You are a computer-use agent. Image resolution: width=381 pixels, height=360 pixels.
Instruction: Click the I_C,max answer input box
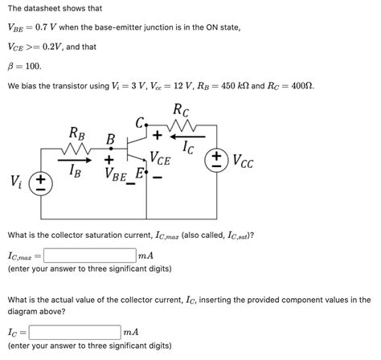click(90, 256)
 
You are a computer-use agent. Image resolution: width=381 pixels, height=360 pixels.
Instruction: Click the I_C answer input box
click(74, 331)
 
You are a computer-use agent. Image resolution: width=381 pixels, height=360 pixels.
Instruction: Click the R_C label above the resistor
click(180, 109)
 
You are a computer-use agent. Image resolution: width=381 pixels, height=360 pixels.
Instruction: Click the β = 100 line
click(23, 66)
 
